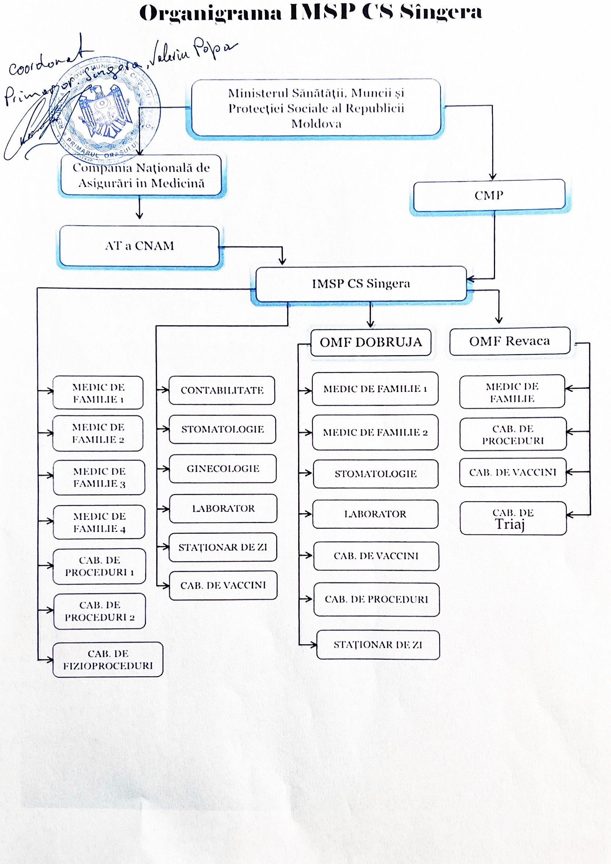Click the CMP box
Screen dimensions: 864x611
click(489, 195)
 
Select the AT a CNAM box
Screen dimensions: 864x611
click(139, 246)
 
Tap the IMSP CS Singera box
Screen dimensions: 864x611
click(361, 283)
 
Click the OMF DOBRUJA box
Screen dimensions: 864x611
click(371, 342)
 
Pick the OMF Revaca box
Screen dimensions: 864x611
click(509, 341)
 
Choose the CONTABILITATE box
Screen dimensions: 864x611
click(222, 390)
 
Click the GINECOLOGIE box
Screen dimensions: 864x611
click(223, 469)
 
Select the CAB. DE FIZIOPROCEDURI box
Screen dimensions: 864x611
click(108, 660)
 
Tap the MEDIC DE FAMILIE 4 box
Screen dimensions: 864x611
click(100, 522)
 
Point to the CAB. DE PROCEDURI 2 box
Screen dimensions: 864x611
click(100, 611)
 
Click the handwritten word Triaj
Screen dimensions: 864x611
click(510, 524)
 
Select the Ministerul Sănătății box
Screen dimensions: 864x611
click(316, 108)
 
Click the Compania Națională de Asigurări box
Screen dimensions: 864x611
click(141, 175)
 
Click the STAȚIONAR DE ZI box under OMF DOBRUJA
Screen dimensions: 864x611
click(378, 645)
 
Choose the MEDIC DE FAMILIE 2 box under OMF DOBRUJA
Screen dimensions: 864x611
click(375, 432)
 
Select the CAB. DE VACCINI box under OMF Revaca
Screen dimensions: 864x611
click(513, 472)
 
